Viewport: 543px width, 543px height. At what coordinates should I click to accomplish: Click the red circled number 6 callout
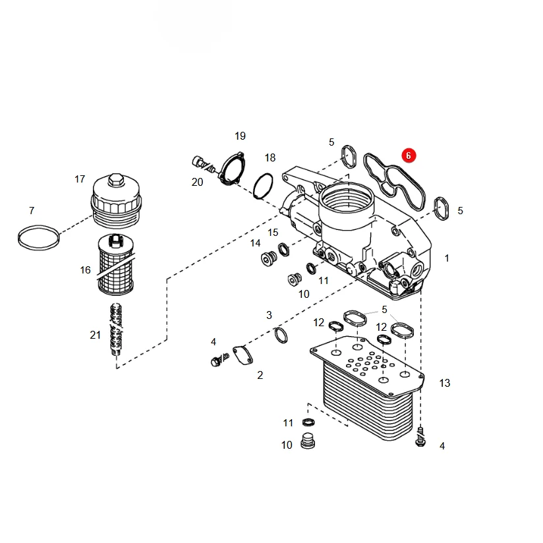[x=409, y=156]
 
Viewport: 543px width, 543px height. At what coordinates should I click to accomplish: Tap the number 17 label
[x=80, y=179]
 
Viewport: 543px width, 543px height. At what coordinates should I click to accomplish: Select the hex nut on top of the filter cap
[x=115, y=180]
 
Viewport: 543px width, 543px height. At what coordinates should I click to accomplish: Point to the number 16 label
[x=85, y=270]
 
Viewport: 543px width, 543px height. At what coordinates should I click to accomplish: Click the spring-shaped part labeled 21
[x=116, y=331]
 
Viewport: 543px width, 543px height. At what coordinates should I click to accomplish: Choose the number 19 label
[x=240, y=136]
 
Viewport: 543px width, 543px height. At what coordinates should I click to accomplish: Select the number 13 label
[x=445, y=383]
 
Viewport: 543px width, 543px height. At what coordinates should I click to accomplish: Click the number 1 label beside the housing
[x=447, y=258]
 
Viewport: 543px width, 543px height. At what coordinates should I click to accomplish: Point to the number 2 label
[x=260, y=375]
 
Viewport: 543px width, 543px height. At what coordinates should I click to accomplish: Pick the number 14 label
[x=256, y=243]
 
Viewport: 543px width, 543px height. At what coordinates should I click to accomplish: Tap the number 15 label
[x=273, y=233]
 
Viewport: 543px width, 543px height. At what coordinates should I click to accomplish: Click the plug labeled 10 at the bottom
[x=308, y=441]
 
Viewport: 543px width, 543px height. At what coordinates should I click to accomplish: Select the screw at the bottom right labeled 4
[x=420, y=437]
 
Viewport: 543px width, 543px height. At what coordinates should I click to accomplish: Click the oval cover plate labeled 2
[x=243, y=355]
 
